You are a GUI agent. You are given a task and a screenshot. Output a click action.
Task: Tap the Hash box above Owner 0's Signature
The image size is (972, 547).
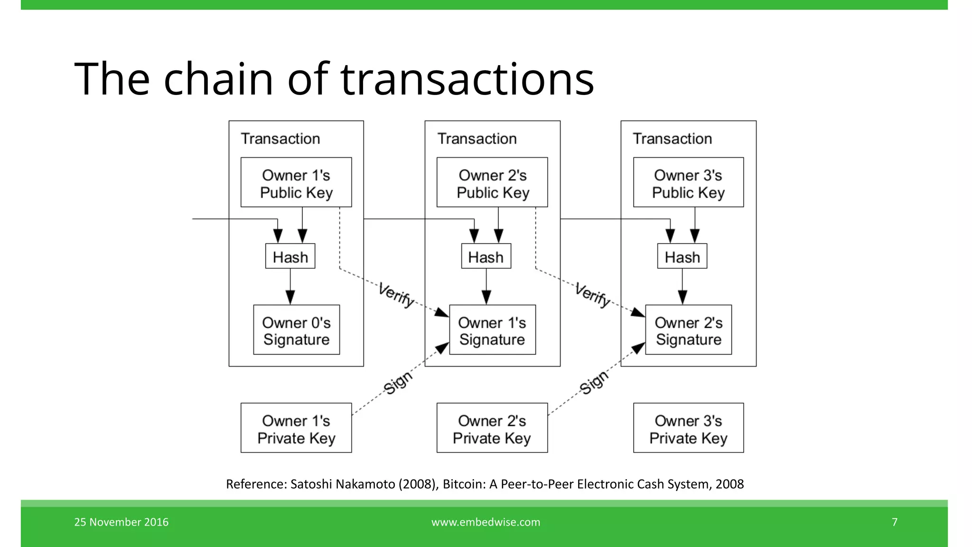click(x=290, y=256)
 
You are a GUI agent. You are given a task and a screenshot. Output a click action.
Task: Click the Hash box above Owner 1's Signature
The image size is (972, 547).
click(x=486, y=256)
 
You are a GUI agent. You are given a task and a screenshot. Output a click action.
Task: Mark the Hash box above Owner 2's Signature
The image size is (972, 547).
click(x=682, y=256)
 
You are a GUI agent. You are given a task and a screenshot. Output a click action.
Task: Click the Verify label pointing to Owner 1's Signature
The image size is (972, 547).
click(x=396, y=295)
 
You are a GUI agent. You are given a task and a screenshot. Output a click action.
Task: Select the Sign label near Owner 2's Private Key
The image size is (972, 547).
click(x=594, y=382)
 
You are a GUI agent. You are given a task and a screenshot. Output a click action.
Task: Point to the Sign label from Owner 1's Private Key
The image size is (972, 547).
click(x=398, y=383)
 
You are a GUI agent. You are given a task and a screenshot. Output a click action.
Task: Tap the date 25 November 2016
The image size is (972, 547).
click(x=121, y=522)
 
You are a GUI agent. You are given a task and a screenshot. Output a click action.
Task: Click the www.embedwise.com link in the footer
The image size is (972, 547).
click(x=486, y=522)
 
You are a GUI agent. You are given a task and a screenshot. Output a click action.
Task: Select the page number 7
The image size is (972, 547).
click(x=895, y=522)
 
